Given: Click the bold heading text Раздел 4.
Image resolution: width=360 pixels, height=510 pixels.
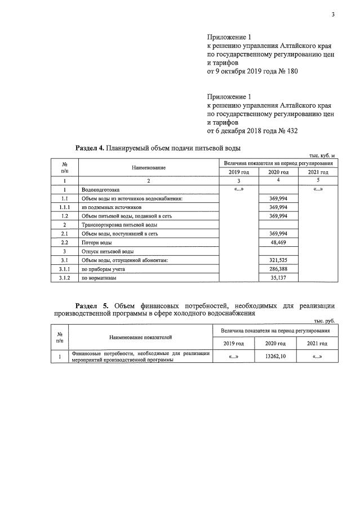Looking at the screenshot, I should point(90,148).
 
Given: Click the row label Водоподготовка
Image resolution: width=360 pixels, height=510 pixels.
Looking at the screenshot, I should point(101,190).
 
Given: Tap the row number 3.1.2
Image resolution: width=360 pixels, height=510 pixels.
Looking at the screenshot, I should point(65,278).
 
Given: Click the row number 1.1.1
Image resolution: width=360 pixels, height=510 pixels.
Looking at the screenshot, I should point(65,207).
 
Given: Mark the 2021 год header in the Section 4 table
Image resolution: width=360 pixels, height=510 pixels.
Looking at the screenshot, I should point(318,172).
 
